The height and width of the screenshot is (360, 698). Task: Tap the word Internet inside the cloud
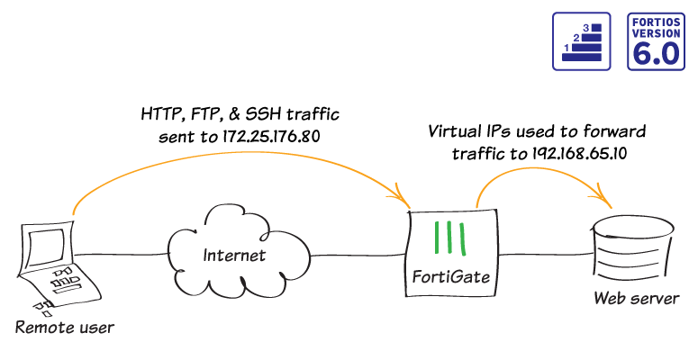pos(234,255)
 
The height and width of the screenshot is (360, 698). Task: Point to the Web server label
pos(635,298)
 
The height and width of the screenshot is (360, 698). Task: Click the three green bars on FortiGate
pos(449,238)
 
